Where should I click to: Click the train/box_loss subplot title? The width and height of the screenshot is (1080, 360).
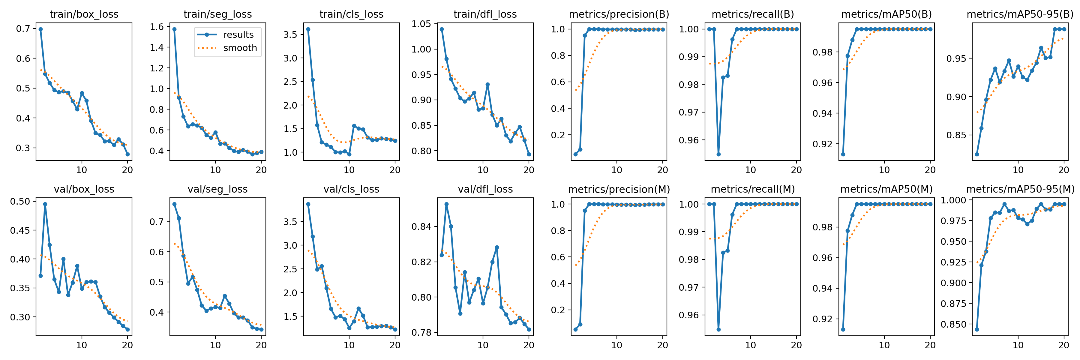pos(84,14)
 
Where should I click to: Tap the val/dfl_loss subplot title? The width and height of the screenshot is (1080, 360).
pos(485,189)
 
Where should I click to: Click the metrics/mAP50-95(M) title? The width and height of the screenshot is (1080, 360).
pos(1020,189)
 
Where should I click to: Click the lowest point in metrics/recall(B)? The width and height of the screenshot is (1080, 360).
pos(718,154)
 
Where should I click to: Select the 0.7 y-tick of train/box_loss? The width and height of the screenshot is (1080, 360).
pos(23,28)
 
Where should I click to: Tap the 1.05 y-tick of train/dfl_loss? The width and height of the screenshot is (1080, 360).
pos(421,24)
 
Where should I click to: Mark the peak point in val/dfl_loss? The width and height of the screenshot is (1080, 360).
pos(446,205)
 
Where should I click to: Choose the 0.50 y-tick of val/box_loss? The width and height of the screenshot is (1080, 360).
pos(20,201)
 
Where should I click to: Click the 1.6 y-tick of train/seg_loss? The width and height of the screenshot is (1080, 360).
pos(157,27)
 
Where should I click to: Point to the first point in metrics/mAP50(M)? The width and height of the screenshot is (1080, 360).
pos(843,329)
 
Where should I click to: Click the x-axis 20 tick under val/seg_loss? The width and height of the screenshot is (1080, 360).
pos(261,345)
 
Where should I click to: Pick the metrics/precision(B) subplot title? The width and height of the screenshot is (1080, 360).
pos(619,14)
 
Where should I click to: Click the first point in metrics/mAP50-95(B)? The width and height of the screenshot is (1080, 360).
pos(977,154)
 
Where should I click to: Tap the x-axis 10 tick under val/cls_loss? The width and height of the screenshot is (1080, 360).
pos(349,345)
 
